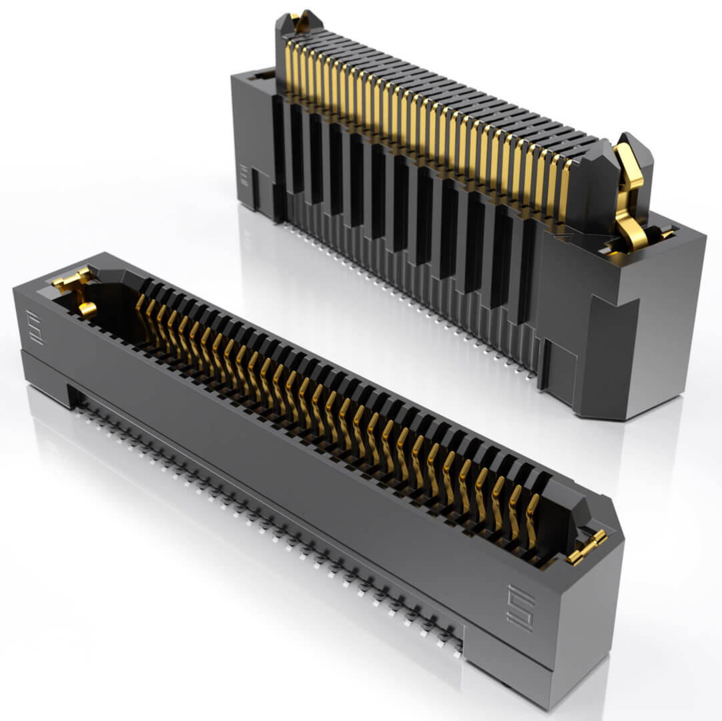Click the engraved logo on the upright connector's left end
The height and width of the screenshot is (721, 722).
tap(244, 176)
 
